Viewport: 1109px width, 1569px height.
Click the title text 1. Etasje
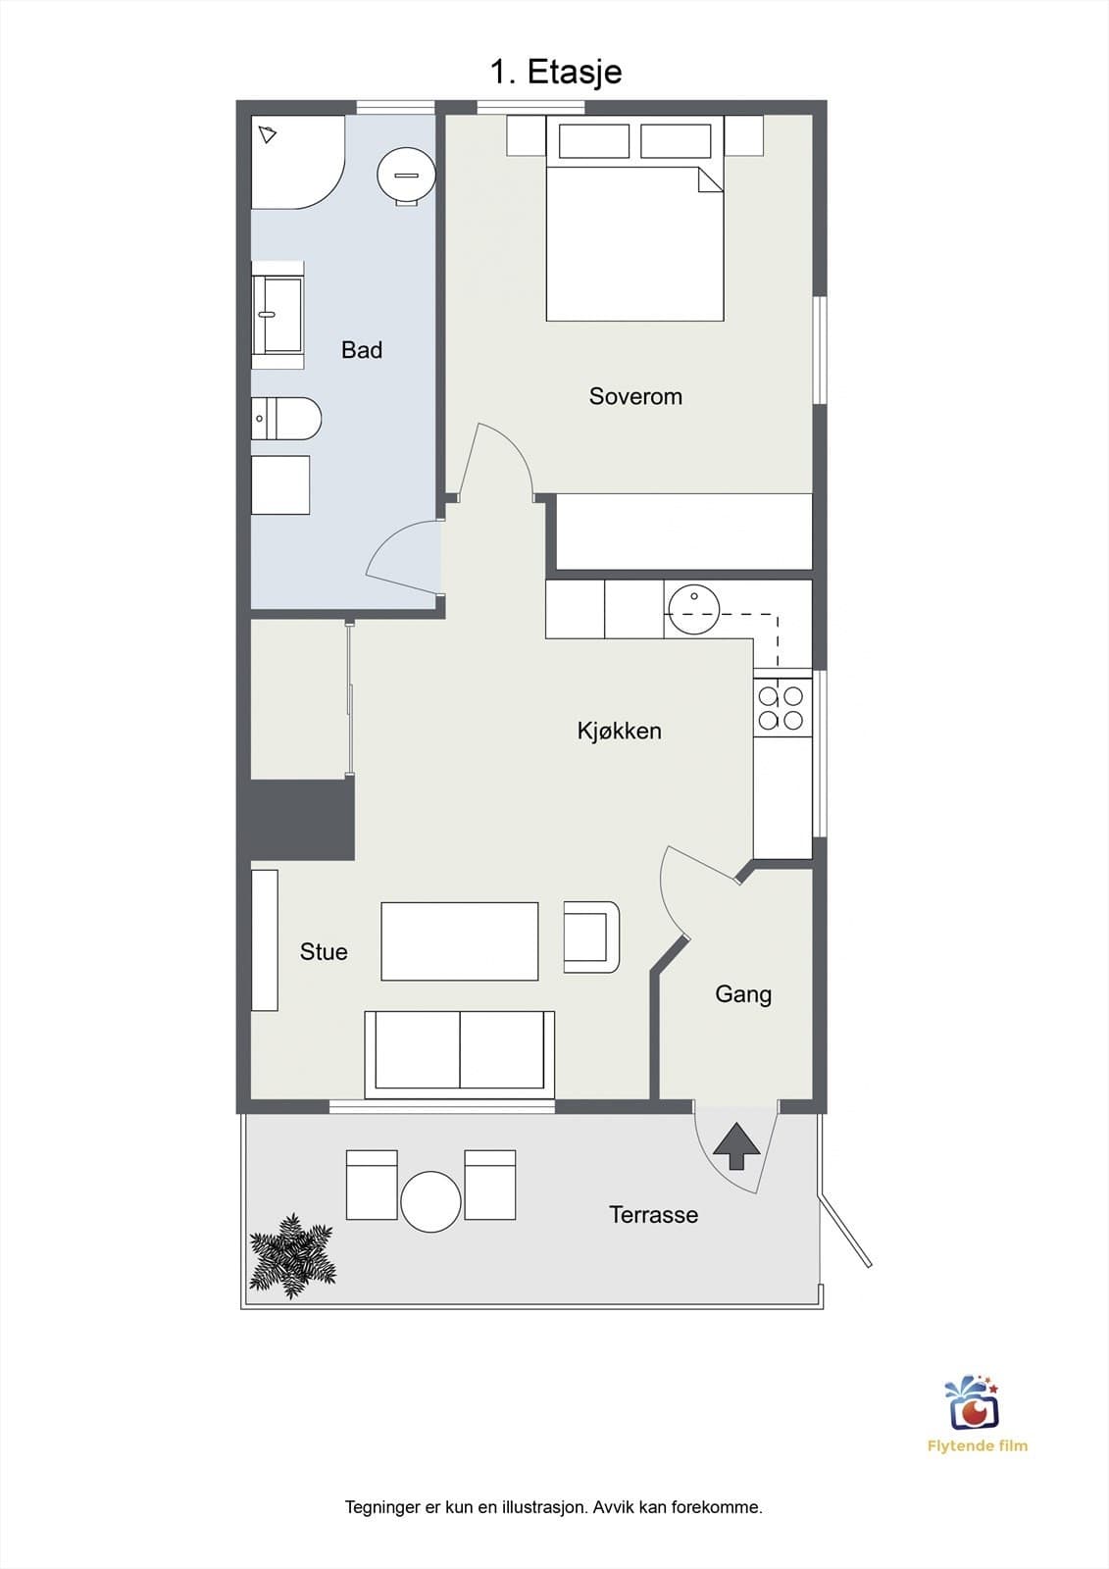(556, 73)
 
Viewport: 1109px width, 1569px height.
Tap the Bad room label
(362, 349)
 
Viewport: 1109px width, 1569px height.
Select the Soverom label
(635, 396)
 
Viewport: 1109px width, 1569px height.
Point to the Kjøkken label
(620, 731)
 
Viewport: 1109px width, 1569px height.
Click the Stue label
(324, 951)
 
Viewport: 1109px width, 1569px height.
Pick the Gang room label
(743, 994)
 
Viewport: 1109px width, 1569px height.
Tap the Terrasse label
(654, 1214)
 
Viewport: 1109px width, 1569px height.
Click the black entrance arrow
(736, 1146)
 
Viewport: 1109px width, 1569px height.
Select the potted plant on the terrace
(293, 1256)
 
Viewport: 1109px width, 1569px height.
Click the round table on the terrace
(430, 1202)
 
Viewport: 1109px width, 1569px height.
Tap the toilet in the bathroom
(286, 419)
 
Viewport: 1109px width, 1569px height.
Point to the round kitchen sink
(693, 609)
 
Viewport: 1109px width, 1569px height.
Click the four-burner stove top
(781, 708)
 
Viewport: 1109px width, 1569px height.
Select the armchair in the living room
(591, 937)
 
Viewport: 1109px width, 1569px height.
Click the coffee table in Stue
(460, 940)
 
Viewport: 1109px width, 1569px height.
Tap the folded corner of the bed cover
(710, 179)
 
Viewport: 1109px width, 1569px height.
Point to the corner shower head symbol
(268, 133)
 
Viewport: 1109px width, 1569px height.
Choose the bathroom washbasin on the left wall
(278, 315)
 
